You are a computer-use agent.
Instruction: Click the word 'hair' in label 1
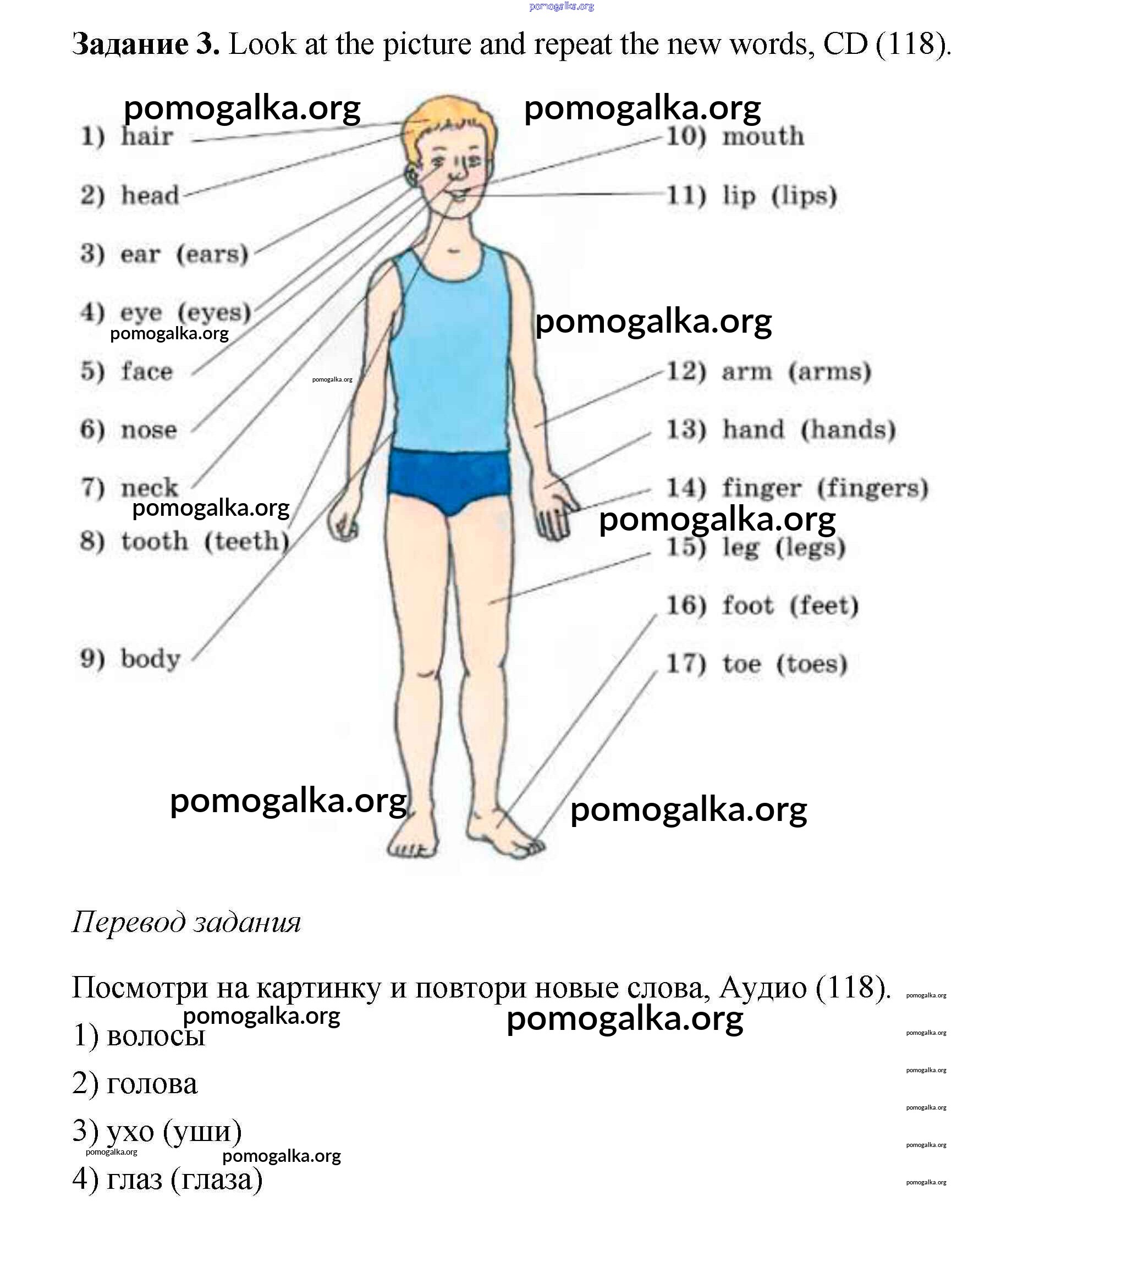coord(146,136)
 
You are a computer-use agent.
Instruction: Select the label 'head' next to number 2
coord(150,195)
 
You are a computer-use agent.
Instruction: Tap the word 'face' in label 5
coord(146,371)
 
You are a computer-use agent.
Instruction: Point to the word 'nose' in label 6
coord(148,430)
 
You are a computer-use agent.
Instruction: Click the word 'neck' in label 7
coord(149,487)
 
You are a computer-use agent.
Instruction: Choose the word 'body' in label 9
coord(150,658)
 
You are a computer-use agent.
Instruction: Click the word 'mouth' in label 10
coord(763,136)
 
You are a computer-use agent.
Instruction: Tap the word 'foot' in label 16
coord(748,605)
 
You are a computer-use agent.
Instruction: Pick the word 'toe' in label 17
coord(741,663)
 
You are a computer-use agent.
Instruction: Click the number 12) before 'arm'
coord(685,371)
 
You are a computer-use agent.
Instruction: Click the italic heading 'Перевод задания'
coord(186,922)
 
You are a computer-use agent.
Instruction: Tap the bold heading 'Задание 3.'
coord(145,44)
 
